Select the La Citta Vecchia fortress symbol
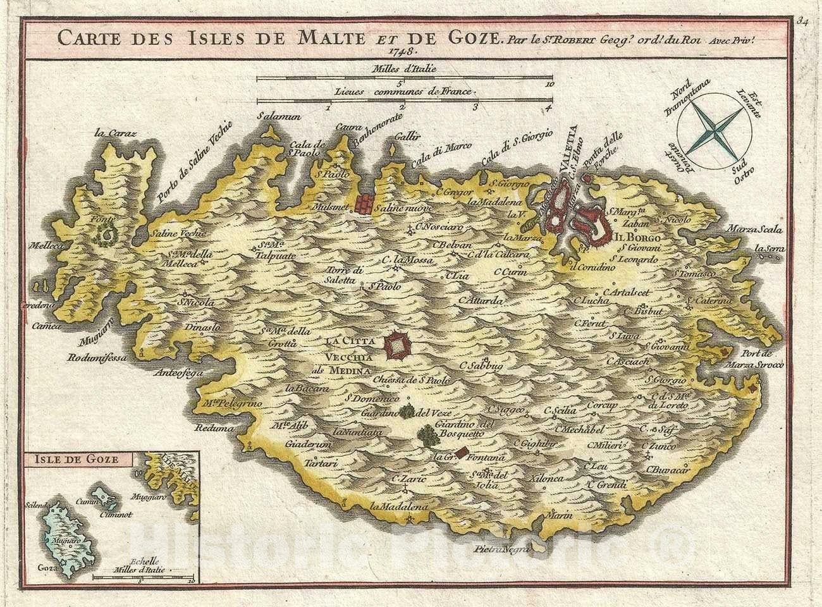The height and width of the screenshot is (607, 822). pos(398,346)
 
